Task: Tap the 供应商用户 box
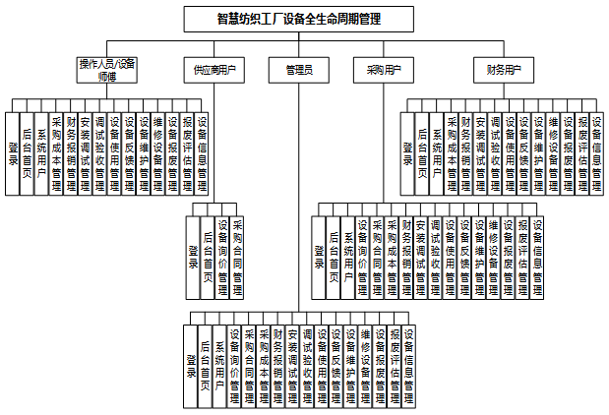[x=214, y=70]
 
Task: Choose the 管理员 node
[x=299, y=70]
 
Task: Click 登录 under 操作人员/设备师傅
[x=13, y=152]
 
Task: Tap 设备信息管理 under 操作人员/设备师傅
[x=202, y=152]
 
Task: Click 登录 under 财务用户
[x=407, y=152]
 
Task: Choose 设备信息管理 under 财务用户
[x=596, y=152]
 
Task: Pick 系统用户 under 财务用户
[x=437, y=152]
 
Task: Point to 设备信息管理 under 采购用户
[x=538, y=257]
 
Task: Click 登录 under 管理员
[x=190, y=366]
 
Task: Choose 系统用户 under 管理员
[x=219, y=366]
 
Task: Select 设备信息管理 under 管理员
[x=408, y=366]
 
